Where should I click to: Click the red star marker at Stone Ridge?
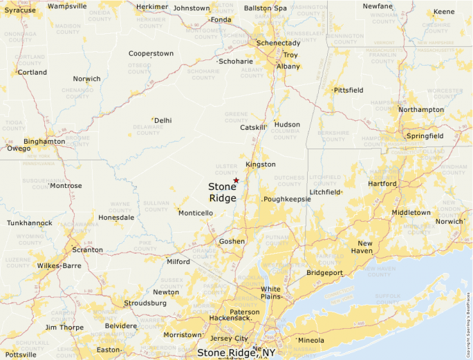click(236, 180)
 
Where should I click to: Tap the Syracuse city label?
click(19, 10)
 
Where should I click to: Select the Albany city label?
click(288, 66)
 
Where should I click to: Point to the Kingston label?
click(261, 164)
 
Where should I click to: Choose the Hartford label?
click(383, 184)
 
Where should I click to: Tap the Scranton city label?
click(88, 249)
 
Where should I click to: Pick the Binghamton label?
click(44, 142)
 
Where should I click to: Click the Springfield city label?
click(425, 136)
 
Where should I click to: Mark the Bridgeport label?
click(324, 273)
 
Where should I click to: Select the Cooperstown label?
click(151, 53)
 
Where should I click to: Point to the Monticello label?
click(196, 213)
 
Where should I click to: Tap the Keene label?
click(444, 12)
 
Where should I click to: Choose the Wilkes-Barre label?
click(58, 265)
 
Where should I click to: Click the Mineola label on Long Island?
click(310, 340)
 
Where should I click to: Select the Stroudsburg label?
click(145, 303)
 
